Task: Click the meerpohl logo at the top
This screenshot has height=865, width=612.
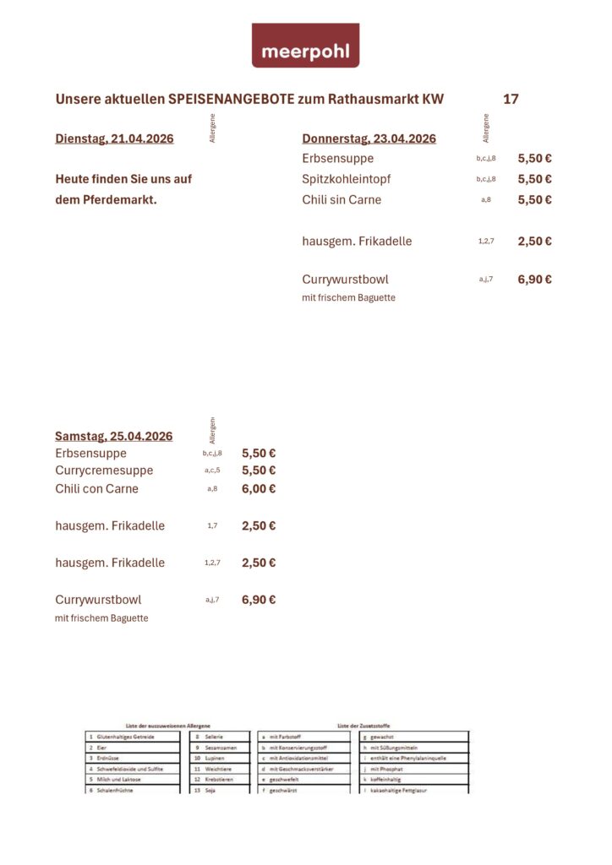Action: click(305, 46)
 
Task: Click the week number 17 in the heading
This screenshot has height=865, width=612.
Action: click(511, 100)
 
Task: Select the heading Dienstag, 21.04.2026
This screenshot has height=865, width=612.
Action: click(114, 139)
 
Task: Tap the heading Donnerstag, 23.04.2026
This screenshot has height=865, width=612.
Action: click(369, 139)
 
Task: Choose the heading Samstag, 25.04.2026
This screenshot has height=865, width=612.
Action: click(113, 436)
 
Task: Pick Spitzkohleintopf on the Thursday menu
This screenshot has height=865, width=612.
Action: click(346, 179)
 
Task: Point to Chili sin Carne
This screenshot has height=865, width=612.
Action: click(342, 200)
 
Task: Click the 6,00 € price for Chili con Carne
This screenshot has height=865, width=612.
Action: click(259, 488)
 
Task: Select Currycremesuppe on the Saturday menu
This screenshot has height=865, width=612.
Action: click(104, 471)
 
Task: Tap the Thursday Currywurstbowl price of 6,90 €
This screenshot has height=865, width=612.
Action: click(534, 279)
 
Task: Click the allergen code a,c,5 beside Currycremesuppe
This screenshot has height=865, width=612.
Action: click(212, 471)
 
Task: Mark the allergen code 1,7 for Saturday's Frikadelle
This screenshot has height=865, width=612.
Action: click(212, 525)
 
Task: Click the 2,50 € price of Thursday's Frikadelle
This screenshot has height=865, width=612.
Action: click(534, 241)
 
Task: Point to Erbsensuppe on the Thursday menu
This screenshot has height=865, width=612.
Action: click(337, 158)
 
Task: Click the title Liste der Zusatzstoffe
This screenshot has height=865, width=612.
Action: click(363, 726)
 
